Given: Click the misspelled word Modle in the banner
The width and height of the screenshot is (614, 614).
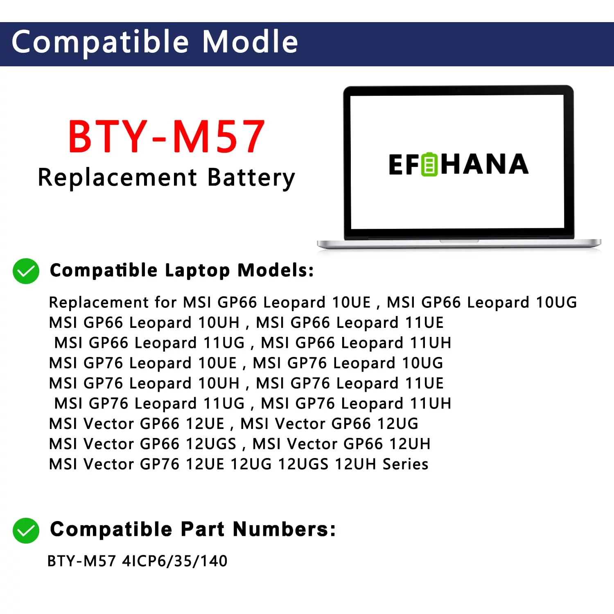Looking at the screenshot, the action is [x=250, y=42].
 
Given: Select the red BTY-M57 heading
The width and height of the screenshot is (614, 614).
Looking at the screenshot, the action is [x=167, y=136].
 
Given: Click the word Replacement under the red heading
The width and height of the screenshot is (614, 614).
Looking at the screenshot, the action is [x=117, y=178].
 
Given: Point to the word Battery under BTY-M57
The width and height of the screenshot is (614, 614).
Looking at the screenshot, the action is [x=251, y=178].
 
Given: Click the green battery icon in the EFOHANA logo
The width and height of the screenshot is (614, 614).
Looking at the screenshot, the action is [x=429, y=164].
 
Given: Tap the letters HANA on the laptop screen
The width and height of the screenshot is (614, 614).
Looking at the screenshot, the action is [x=484, y=164].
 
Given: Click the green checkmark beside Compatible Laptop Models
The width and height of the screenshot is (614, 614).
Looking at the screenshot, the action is [x=26, y=271].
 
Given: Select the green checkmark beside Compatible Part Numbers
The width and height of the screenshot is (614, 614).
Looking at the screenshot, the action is [x=26, y=530].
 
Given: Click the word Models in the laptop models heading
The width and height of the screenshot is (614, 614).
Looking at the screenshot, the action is [x=275, y=270].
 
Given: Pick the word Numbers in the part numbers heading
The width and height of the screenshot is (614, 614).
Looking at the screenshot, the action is [x=284, y=529].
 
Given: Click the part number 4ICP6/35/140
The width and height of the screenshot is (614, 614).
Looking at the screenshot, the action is [x=175, y=561].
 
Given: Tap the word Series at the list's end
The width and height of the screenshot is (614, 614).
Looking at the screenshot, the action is [x=405, y=464].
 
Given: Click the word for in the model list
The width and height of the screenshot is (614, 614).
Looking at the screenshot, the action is [x=165, y=302].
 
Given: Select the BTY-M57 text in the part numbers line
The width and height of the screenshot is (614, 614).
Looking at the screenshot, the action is [x=82, y=561].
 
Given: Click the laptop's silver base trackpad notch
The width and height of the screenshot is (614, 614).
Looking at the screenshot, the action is [x=459, y=241].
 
